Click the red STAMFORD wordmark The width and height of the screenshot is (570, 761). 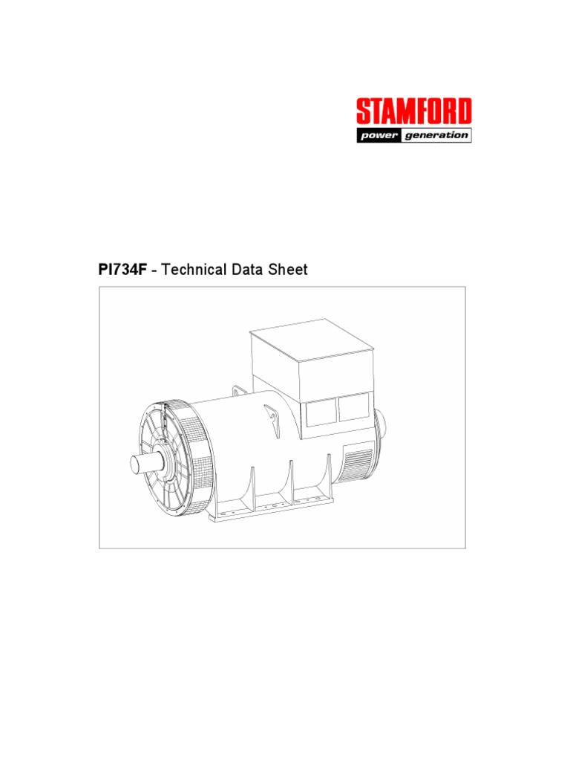[413, 112]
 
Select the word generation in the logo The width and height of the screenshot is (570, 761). [437, 135]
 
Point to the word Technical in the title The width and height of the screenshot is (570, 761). [194, 270]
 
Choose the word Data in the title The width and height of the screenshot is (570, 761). [252, 270]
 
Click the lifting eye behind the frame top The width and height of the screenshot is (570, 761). [239, 391]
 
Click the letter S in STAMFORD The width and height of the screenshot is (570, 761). [363, 112]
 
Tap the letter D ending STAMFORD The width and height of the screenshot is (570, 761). [463, 112]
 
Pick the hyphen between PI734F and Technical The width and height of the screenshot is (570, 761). [153, 271]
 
